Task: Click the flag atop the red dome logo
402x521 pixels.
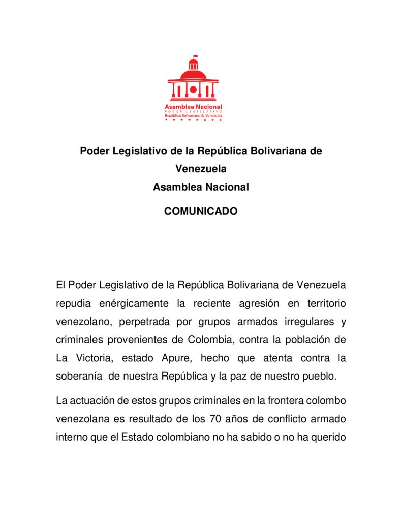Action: coord(195,57)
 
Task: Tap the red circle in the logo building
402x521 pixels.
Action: coord(193,90)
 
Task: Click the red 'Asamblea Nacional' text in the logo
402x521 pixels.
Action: coord(193,107)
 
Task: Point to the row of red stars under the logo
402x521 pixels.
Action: coord(193,120)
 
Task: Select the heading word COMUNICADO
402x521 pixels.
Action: coord(201,211)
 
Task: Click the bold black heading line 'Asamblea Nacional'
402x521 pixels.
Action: coord(201,187)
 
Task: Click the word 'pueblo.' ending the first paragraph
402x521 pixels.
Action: coord(320,377)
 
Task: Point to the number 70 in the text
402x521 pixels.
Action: coord(215,419)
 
